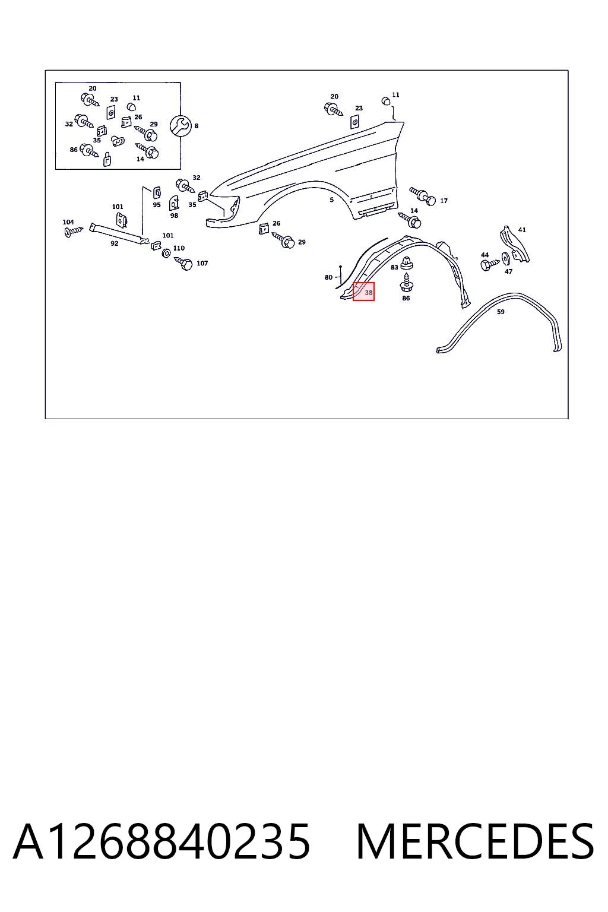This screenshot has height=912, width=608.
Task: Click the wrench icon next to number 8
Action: (x=180, y=126)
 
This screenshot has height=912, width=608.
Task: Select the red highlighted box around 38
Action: (x=363, y=292)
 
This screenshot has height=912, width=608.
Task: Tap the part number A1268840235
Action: (x=161, y=841)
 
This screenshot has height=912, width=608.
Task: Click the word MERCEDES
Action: (x=475, y=841)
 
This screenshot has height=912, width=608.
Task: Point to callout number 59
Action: (x=501, y=312)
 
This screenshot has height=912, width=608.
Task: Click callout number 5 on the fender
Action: (x=332, y=199)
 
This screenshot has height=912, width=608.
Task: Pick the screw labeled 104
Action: (x=74, y=232)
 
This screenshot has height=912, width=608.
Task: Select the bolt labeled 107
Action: (x=183, y=264)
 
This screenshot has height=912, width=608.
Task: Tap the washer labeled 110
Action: (x=166, y=254)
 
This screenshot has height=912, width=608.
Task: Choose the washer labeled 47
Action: (x=506, y=258)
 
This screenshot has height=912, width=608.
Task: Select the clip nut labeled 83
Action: (x=406, y=264)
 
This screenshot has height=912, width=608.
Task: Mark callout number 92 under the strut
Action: (x=115, y=243)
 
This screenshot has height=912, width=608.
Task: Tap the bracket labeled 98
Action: (x=174, y=202)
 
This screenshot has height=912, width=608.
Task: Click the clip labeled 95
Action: (x=157, y=192)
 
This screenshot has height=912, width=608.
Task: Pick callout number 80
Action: (x=328, y=277)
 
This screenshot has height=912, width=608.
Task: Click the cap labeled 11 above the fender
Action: (x=386, y=100)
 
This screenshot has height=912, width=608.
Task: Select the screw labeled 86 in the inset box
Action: (x=89, y=150)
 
